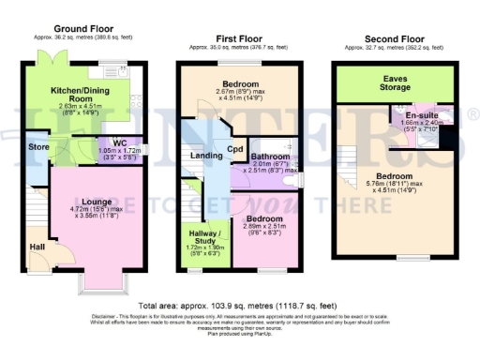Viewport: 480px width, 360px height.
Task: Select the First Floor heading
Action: (239, 38)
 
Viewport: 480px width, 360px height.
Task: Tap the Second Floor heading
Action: (393, 38)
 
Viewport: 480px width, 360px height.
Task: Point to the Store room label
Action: (37, 147)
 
